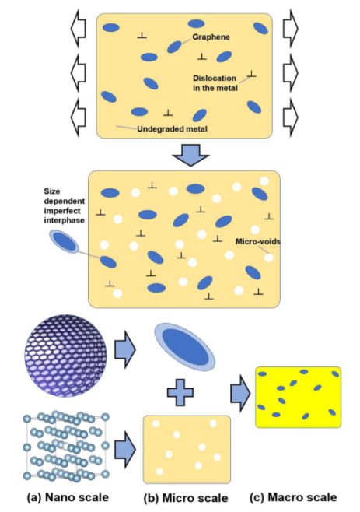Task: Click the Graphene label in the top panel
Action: tap(211, 37)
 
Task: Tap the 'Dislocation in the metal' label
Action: tap(215, 83)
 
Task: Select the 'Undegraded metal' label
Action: tap(172, 129)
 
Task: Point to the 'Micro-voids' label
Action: tap(258, 242)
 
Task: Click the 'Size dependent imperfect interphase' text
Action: tap(65, 205)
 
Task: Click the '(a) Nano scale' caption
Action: tap(68, 497)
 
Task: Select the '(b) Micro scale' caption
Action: tap(186, 498)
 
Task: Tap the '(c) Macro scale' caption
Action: tap(293, 497)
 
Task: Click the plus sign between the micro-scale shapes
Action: tap(180, 392)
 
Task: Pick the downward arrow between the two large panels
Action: tap(190, 155)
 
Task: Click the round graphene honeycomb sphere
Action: tap(65, 356)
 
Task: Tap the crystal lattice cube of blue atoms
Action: tap(66, 447)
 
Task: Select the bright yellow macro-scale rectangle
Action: tap(298, 397)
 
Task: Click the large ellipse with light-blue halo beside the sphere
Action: tap(185, 347)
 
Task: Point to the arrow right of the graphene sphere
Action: tap(125, 350)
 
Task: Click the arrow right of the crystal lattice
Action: tap(125, 449)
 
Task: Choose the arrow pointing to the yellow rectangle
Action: tap(240, 393)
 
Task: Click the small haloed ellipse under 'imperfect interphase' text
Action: tap(64, 242)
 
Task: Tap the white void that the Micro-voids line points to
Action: tap(268, 258)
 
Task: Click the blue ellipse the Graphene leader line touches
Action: tap(174, 47)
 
